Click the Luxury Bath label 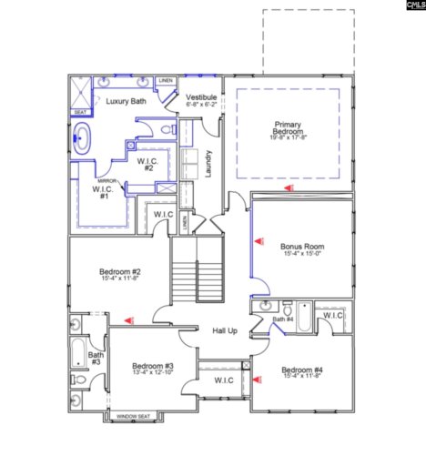[x=125, y=101]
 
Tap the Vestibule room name [x=200, y=96]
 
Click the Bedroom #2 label [x=119, y=271]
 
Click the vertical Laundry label [x=208, y=163]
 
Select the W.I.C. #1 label [x=104, y=192]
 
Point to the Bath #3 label [x=94, y=358]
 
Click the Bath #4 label [x=283, y=319]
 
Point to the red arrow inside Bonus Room [x=259, y=241]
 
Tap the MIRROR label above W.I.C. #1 [x=106, y=181]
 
